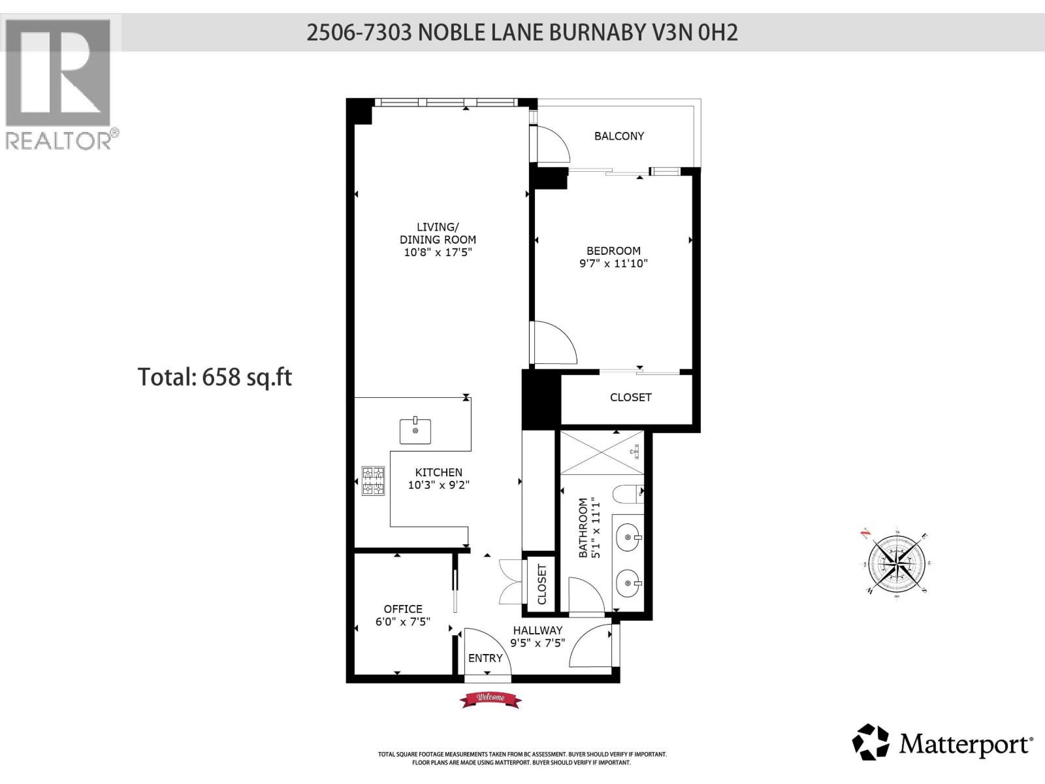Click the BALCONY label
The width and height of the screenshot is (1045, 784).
[619, 136]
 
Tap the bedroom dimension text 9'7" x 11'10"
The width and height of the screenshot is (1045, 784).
[613, 264]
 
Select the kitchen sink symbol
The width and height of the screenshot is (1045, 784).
[415, 431]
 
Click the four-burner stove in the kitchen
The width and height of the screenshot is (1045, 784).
[374, 481]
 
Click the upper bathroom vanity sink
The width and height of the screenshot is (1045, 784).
[628, 538]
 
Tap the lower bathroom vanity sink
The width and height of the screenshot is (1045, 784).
[628, 582]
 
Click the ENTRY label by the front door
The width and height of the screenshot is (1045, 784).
[485, 658]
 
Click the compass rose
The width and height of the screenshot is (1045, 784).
[896, 561]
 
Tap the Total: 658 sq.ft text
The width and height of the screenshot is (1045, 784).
[215, 377]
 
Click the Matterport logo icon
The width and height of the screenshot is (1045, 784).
[871, 742]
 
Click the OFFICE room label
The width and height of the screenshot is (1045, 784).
[403, 609]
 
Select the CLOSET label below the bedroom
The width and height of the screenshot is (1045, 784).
[630, 397]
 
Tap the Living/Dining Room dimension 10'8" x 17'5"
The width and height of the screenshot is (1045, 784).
[438, 252]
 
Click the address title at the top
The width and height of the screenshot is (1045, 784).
[522, 33]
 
